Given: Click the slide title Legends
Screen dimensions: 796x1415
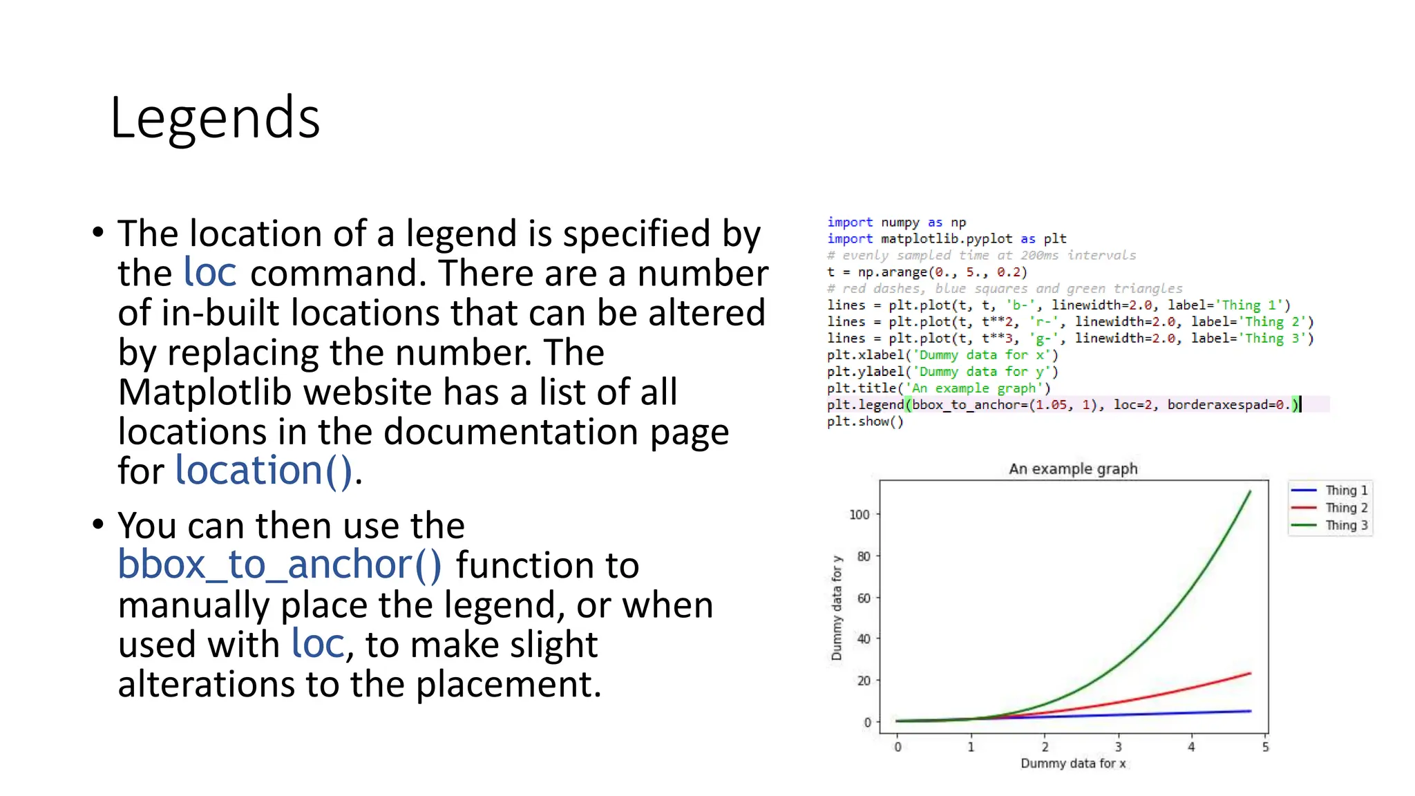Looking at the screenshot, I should click(215, 118).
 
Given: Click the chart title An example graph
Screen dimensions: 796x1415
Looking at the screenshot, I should click(1073, 468).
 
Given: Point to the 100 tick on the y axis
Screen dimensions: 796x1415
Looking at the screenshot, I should click(859, 514).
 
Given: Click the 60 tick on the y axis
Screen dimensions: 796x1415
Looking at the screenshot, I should click(864, 598).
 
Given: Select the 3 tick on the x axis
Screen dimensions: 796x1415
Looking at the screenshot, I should click(1118, 747).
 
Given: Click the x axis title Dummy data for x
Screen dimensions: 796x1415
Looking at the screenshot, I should click(1073, 764).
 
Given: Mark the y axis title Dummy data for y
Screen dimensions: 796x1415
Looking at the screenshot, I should click(837, 608).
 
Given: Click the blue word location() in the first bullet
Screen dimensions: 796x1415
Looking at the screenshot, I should click(264, 471).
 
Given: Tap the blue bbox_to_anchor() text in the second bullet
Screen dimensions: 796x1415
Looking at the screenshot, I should click(279, 565).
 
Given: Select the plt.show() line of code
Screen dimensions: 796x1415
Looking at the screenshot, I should click(865, 421).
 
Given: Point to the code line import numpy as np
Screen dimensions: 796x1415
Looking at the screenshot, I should click(896, 222).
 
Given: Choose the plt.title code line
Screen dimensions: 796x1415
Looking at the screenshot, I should click(938, 388).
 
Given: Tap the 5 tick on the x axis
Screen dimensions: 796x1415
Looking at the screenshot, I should click(1265, 747).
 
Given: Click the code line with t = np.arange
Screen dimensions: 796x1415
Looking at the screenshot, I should click(927, 272).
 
